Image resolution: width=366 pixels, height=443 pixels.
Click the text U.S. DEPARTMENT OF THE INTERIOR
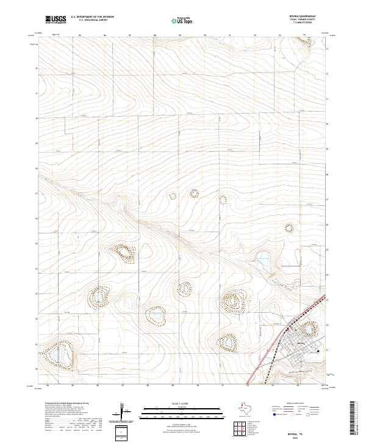[92, 17]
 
